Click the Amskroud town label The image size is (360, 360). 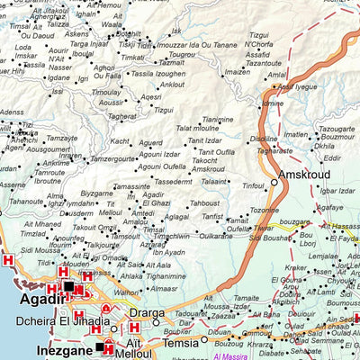[305, 174]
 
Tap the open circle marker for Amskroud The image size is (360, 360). [274, 182]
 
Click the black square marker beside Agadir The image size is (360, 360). [69, 286]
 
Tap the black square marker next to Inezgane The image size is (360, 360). [100, 346]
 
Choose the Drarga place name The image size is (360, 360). [146, 312]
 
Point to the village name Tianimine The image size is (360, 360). [217, 119]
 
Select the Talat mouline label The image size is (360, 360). [197, 129]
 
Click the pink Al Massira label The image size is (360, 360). [208, 357]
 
